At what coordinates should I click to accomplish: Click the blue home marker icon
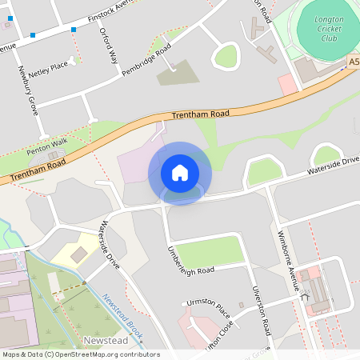(x=180, y=173)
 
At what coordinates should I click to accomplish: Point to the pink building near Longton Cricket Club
(x=286, y=84)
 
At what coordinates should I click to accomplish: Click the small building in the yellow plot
(x=79, y=254)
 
